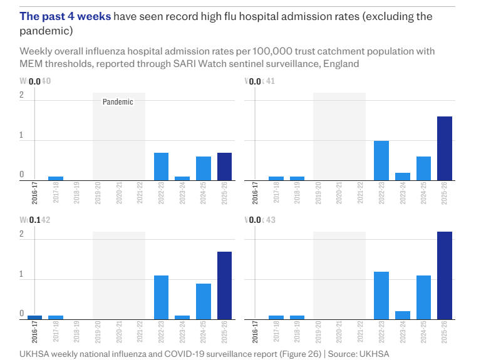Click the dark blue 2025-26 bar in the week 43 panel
[445, 275]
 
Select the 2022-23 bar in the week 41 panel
[381, 161]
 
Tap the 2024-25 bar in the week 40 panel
[203, 168]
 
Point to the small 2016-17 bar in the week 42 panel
[35, 317]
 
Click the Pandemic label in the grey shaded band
[118, 101]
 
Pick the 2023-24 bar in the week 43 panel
[403, 315]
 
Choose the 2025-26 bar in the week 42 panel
[224, 285]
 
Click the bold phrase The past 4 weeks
[65, 16]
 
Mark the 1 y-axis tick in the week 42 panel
[22, 274]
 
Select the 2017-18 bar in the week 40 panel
[56, 178]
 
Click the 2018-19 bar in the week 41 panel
[297, 178]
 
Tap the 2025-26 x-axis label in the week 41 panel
[445, 193]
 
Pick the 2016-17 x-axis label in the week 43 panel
[255, 332]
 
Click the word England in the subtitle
[341, 64]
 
